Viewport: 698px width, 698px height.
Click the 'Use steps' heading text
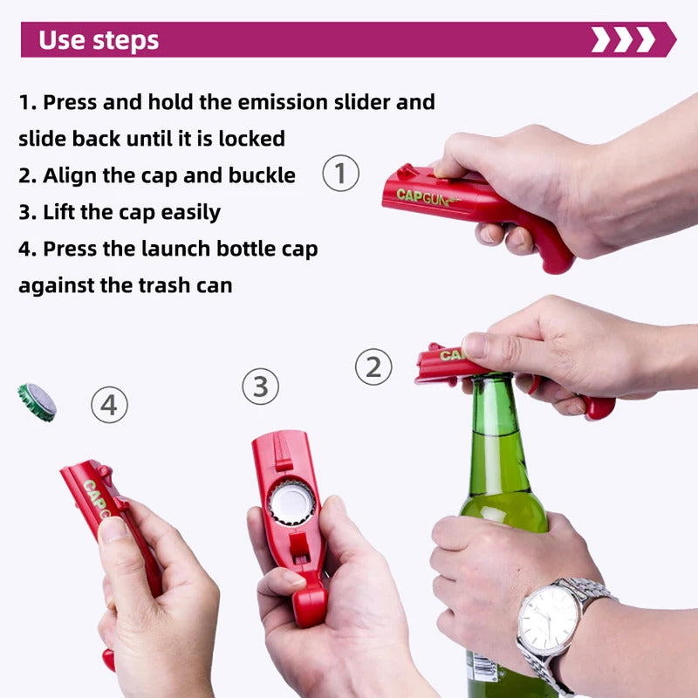[99, 40]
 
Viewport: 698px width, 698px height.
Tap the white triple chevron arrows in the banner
[623, 39]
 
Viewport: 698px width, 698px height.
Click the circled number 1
[341, 173]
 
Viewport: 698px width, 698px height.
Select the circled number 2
[373, 367]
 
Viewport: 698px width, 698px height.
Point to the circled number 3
[260, 387]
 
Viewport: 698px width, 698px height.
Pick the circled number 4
[110, 405]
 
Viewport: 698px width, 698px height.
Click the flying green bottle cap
[37, 401]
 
